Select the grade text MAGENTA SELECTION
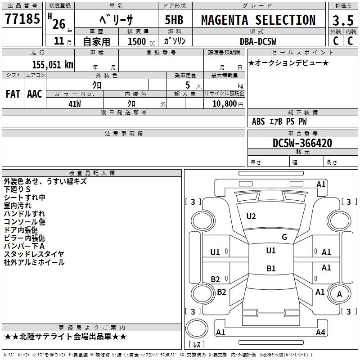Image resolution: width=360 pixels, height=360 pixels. pyautogui.click(x=258, y=20)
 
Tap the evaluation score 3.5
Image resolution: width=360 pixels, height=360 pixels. pyautogui.click(x=342, y=21)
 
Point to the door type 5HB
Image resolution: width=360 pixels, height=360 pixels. pyautogui.click(x=174, y=20)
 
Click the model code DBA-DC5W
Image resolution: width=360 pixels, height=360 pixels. pyautogui.click(x=258, y=41)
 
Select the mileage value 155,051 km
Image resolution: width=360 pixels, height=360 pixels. pyautogui.click(x=53, y=64)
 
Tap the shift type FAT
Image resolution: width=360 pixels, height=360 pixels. pyautogui.click(x=13, y=94)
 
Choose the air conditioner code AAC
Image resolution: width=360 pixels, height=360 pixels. pyautogui.click(x=35, y=94)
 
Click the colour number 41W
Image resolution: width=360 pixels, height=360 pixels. pyautogui.click(x=75, y=104)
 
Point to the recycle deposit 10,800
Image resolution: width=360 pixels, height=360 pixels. pyautogui.click(x=224, y=104)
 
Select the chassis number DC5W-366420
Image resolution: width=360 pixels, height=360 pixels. pyautogui.click(x=302, y=143)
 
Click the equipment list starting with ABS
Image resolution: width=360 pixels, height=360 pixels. pyautogui.click(x=279, y=121)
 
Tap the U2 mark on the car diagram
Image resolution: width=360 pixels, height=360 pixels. pyautogui.click(x=251, y=216)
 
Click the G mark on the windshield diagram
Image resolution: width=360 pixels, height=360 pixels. pyautogui.click(x=284, y=237)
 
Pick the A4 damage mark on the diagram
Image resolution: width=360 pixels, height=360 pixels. pyautogui.click(x=320, y=333)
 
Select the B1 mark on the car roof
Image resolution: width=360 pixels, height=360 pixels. pyautogui.click(x=271, y=269)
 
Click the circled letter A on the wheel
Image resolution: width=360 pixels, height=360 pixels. pyautogui.click(x=339, y=294)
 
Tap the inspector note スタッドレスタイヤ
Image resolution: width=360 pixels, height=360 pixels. pyautogui.click(x=34, y=254)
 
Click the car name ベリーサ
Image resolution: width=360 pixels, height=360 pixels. pyautogui.click(x=116, y=20)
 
